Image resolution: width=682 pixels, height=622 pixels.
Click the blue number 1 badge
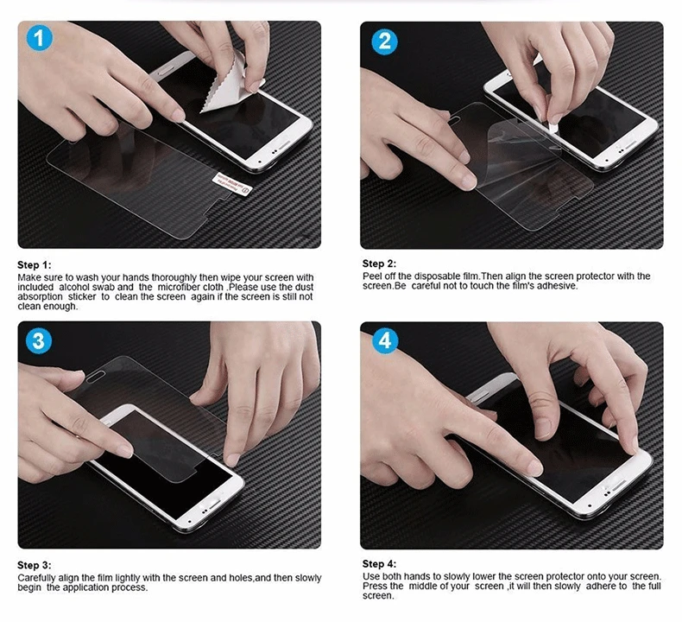pyautogui.click(x=39, y=38)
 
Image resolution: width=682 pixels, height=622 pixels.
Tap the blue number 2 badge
pyautogui.click(x=384, y=41)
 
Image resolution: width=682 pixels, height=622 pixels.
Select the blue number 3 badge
pyautogui.click(x=39, y=340)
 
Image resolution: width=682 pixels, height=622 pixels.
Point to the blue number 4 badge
pyautogui.click(x=385, y=340)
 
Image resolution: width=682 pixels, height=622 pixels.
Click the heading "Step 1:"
pyautogui.click(x=35, y=265)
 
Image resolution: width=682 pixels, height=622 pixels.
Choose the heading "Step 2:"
pyautogui.click(x=379, y=263)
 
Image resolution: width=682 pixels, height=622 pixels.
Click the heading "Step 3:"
pyautogui.click(x=35, y=565)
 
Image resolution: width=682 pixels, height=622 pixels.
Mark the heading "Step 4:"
pyautogui.click(x=379, y=563)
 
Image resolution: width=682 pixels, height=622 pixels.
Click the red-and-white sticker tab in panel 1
pyautogui.click(x=232, y=184)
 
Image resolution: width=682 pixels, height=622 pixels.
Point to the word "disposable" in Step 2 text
pyautogui.click(x=435, y=276)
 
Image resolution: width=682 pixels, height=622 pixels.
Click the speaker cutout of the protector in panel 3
pyautogui.click(x=96, y=378)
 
